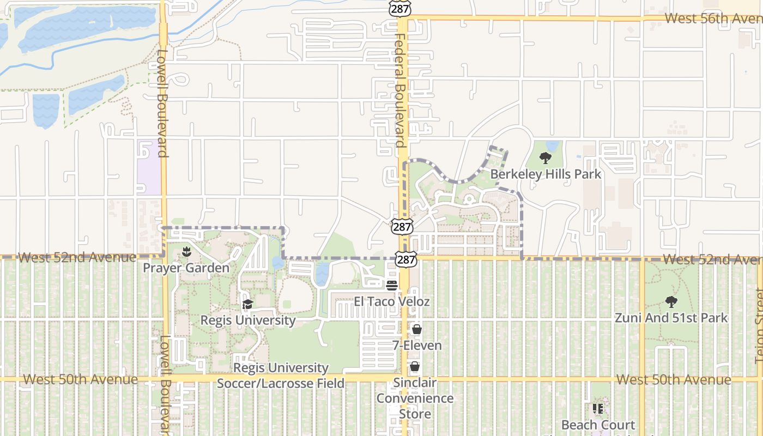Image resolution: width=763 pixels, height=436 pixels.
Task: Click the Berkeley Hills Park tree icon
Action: tap(545, 158)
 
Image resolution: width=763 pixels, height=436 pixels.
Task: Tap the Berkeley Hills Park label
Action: tap(546, 174)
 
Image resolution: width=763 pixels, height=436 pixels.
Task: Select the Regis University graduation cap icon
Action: tap(248, 304)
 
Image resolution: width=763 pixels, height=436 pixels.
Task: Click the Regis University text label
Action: tap(248, 320)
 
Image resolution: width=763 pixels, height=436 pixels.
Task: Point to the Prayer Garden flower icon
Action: tap(186, 252)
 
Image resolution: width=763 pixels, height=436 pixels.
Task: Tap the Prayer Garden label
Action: tap(186, 268)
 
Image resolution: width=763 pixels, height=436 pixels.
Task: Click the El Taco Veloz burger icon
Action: tap(391, 286)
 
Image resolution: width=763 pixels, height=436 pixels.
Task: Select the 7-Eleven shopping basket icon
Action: tap(417, 330)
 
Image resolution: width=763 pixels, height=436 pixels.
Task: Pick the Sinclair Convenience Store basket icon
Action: tap(415, 366)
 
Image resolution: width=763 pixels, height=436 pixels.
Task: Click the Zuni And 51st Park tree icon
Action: tap(671, 301)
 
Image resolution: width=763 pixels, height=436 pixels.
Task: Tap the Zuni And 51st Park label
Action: tap(671, 318)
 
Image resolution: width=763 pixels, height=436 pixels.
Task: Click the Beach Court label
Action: tap(598, 425)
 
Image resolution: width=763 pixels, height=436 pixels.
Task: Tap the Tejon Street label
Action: tap(758, 327)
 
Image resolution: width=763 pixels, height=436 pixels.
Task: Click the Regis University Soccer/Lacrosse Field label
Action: tap(281, 376)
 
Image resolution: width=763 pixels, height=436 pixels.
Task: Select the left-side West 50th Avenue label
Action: tap(80, 379)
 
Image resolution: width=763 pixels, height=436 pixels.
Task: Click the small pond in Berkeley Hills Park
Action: tap(552, 146)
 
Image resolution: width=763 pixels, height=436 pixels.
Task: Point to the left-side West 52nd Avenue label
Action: tap(76, 257)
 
